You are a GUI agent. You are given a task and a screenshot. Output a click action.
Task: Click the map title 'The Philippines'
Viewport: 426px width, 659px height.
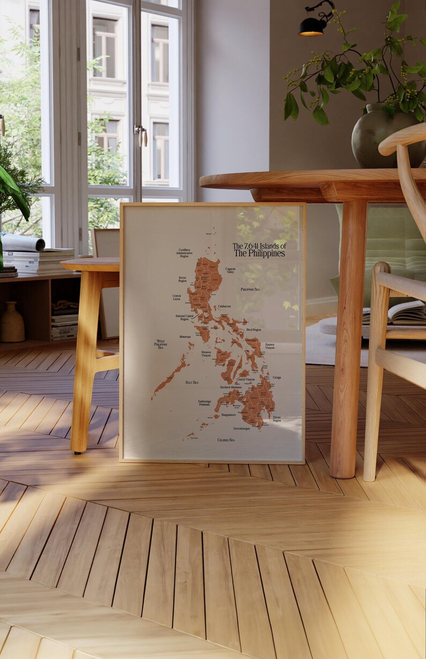click(x=259, y=253)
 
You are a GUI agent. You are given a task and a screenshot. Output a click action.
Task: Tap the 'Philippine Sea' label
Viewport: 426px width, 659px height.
click(x=250, y=289)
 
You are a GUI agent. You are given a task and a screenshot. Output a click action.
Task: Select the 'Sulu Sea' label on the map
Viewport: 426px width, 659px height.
click(x=192, y=382)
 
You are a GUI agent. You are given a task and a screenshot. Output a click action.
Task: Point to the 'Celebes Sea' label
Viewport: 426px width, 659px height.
click(x=226, y=440)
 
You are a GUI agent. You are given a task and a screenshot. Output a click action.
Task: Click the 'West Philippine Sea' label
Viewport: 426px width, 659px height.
click(x=160, y=344)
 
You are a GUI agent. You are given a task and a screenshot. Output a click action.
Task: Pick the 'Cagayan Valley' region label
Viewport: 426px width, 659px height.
click(x=230, y=270)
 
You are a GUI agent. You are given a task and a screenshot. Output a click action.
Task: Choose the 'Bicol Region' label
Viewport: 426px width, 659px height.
click(x=254, y=329)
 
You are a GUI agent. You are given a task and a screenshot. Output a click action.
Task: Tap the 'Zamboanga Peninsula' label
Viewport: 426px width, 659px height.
click(x=204, y=402)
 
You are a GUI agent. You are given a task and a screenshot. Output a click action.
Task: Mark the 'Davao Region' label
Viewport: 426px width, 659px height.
click(x=276, y=419)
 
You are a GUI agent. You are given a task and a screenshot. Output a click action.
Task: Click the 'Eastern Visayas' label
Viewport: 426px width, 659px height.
click(x=270, y=346)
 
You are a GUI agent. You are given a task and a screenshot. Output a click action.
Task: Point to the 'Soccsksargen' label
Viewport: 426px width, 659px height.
click(x=241, y=428)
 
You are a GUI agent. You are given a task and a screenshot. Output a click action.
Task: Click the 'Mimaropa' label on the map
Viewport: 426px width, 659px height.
click(x=185, y=337)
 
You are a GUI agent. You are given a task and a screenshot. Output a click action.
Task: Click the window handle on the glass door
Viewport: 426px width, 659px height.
click(x=141, y=135)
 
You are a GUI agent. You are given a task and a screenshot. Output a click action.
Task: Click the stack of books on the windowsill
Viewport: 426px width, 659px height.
click(x=38, y=260)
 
